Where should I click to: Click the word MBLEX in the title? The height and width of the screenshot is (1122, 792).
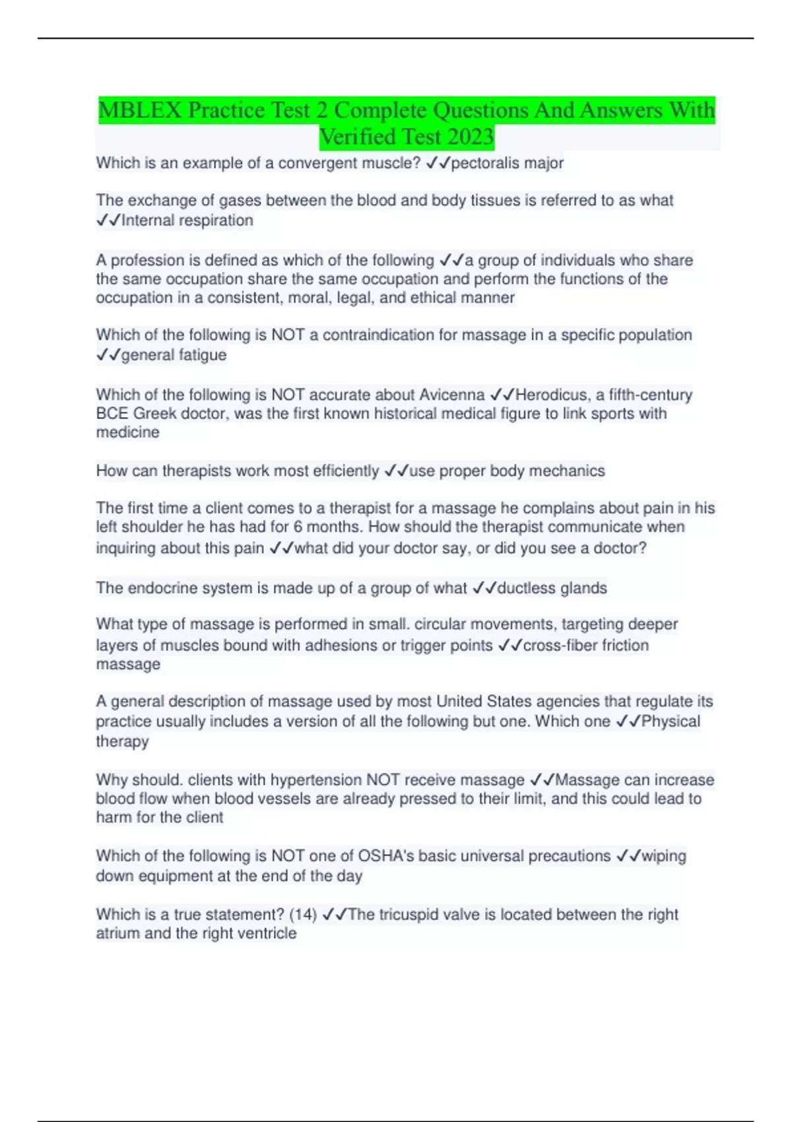tap(139, 110)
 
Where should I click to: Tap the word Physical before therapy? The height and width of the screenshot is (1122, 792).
tap(671, 721)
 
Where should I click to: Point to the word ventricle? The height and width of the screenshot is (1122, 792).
tap(269, 934)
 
